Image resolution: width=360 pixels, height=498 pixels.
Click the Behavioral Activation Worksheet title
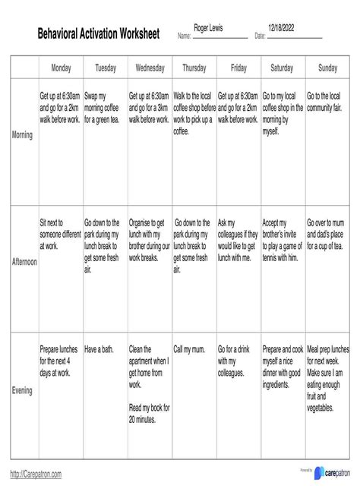click(99, 34)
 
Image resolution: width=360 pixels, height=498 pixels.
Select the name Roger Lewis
click(210, 28)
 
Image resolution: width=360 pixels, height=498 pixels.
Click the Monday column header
click(61, 68)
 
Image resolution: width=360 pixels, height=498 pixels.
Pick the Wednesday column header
click(150, 68)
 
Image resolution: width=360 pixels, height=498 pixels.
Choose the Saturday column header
click(282, 68)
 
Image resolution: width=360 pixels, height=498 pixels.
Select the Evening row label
click(23, 391)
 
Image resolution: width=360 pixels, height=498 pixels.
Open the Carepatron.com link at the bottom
click(36, 474)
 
